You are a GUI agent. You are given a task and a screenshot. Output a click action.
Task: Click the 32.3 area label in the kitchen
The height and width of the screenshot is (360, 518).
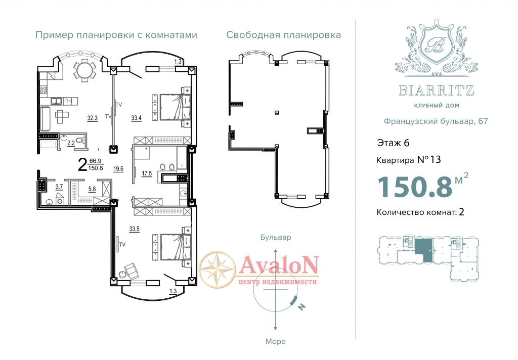pyautogui.click(x=92, y=118)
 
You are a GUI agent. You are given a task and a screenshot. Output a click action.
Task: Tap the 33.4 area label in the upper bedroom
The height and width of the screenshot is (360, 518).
pyautogui.click(x=136, y=118)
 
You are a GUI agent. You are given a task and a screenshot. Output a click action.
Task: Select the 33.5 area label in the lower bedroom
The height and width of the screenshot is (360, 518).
pyautogui.click(x=134, y=229)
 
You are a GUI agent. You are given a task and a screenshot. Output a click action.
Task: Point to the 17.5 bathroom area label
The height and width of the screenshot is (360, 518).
pyautogui.click(x=147, y=173)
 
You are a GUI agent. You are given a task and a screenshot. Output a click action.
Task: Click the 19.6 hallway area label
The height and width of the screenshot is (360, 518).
pyautogui.click(x=118, y=169)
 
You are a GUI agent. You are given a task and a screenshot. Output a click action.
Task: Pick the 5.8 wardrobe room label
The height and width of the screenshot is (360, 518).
pyautogui.click(x=92, y=189)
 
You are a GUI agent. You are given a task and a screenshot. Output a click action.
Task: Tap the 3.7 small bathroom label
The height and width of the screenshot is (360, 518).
pyautogui.click(x=59, y=187)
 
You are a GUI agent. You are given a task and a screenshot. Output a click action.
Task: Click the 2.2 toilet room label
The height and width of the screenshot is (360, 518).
pyautogui.click(x=71, y=143)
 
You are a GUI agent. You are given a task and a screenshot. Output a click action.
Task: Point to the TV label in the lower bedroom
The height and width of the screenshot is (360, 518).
pyautogui.click(x=122, y=245)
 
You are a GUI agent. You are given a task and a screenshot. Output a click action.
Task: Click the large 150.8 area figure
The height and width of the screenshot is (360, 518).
pyautogui.click(x=415, y=187)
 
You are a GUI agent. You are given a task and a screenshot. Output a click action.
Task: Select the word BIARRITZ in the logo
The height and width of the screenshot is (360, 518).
pyautogui.click(x=437, y=90)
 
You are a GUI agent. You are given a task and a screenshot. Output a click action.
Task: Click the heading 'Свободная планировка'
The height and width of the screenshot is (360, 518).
pyautogui.click(x=283, y=35)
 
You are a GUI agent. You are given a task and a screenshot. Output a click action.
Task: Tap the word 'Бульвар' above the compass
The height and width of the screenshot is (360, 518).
pyautogui.click(x=276, y=237)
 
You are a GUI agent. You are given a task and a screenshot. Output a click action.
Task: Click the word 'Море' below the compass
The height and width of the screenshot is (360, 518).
pyautogui.click(x=276, y=341)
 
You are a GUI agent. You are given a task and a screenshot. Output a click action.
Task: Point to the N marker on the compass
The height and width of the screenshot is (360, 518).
pyautogui.click(x=301, y=307)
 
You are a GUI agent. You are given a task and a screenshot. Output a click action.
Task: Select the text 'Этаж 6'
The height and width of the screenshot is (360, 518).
pyautogui.click(x=393, y=143)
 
